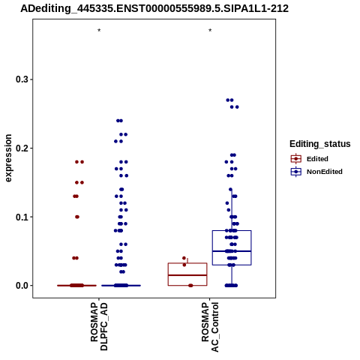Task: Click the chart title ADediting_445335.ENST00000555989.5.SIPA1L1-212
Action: [154, 8]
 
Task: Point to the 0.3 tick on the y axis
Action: [21, 79]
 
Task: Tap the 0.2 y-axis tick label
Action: [21, 148]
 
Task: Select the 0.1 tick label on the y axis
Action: [21, 217]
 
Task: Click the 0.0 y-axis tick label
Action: [21, 286]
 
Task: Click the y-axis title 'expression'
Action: [8, 158]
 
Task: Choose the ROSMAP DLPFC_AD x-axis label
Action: [99, 326]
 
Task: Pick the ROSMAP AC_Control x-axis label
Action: [210, 327]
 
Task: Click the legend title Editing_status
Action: [320, 144]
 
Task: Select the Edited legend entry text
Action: [317, 159]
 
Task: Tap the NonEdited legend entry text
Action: [325, 172]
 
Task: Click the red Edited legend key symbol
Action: [296, 159]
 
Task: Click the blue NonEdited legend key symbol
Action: [296, 172]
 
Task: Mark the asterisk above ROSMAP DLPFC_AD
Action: [99, 31]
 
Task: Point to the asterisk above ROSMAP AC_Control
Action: [210, 31]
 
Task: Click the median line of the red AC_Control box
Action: [187, 275]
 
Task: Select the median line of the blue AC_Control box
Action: [232, 251]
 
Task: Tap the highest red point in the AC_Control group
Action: [184, 258]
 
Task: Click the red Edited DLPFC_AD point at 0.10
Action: [77, 217]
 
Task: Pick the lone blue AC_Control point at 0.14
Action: [230, 189]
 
